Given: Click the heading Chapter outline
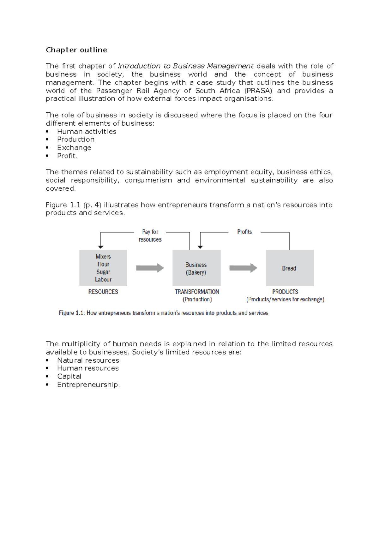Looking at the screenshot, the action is click(76, 50).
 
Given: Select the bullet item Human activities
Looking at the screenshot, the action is click(87, 131).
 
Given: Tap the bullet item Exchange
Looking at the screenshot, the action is click(74, 148).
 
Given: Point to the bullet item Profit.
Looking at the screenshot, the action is click(67, 156).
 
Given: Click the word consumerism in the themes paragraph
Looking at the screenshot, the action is click(148, 180).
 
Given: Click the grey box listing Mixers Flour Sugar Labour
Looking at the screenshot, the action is click(103, 268).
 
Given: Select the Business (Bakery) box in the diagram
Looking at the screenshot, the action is click(196, 268).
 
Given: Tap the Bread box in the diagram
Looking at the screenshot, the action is click(290, 268).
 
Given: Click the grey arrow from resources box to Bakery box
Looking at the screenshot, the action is click(150, 268).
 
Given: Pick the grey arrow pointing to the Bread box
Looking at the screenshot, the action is click(243, 268).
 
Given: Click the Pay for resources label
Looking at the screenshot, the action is click(150, 235).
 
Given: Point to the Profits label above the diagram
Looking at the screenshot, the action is click(244, 232).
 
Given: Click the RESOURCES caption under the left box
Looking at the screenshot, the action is click(103, 292).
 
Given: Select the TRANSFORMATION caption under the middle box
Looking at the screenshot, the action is click(197, 292).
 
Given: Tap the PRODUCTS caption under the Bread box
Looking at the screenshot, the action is click(285, 292).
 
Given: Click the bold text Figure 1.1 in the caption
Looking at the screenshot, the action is click(71, 313).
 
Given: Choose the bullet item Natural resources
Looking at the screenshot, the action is click(88, 360).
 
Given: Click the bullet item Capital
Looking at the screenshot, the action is click(69, 376).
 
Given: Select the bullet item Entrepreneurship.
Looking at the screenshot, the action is click(88, 384).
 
